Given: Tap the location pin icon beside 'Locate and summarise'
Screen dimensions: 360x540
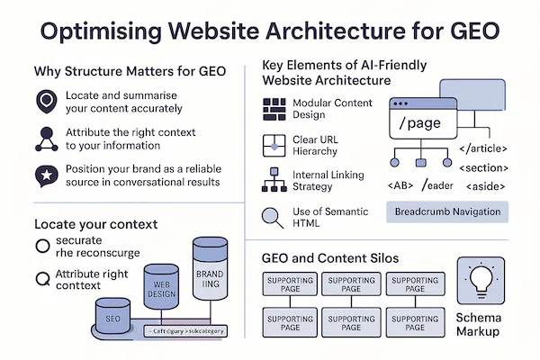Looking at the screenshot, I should [43, 100].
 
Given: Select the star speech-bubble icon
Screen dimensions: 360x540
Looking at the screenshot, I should [43, 175].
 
